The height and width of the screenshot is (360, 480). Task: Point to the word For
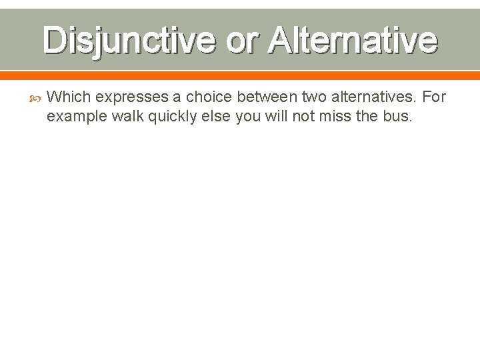pos(434,97)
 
